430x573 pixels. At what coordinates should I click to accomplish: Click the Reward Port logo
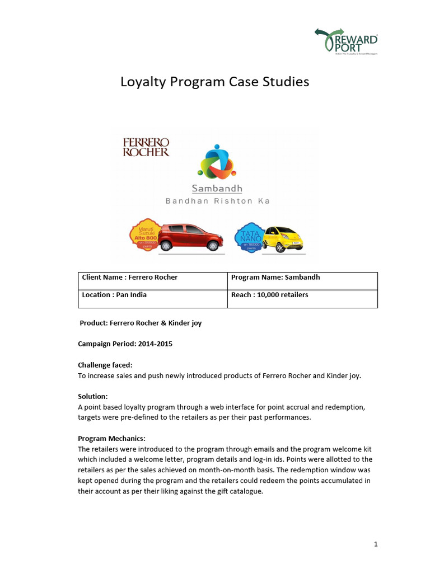tap(345, 40)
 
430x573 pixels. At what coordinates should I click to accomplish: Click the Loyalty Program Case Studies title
tap(215, 82)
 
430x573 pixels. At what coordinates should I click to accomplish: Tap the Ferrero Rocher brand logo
tap(146, 147)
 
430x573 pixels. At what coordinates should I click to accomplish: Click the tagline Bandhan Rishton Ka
tap(217, 201)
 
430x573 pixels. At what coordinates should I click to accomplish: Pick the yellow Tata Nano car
tap(283, 238)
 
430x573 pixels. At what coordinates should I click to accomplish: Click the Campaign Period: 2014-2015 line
tap(125, 344)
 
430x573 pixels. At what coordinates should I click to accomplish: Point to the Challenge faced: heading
tap(105, 365)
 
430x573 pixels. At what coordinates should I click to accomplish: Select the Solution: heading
tap(92, 396)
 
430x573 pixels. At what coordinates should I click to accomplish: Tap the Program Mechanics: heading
tap(111, 438)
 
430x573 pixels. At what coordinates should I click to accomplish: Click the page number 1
tap(376, 544)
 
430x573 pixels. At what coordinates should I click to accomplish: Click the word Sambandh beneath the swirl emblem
tap(217, 189)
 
